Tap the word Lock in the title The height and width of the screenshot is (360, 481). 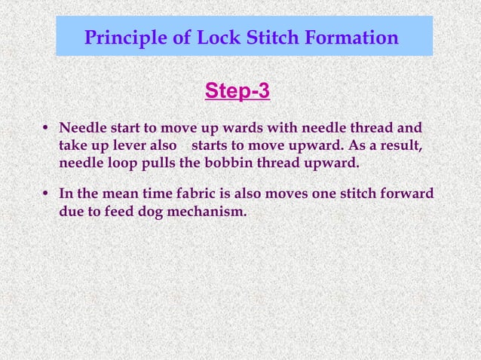click(209, 37)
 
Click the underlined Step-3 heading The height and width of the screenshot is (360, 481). click(237, 92)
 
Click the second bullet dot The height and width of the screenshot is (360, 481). click(47, 194)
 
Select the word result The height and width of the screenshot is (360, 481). click(398, 145)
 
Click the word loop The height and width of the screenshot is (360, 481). click(124, 162)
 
